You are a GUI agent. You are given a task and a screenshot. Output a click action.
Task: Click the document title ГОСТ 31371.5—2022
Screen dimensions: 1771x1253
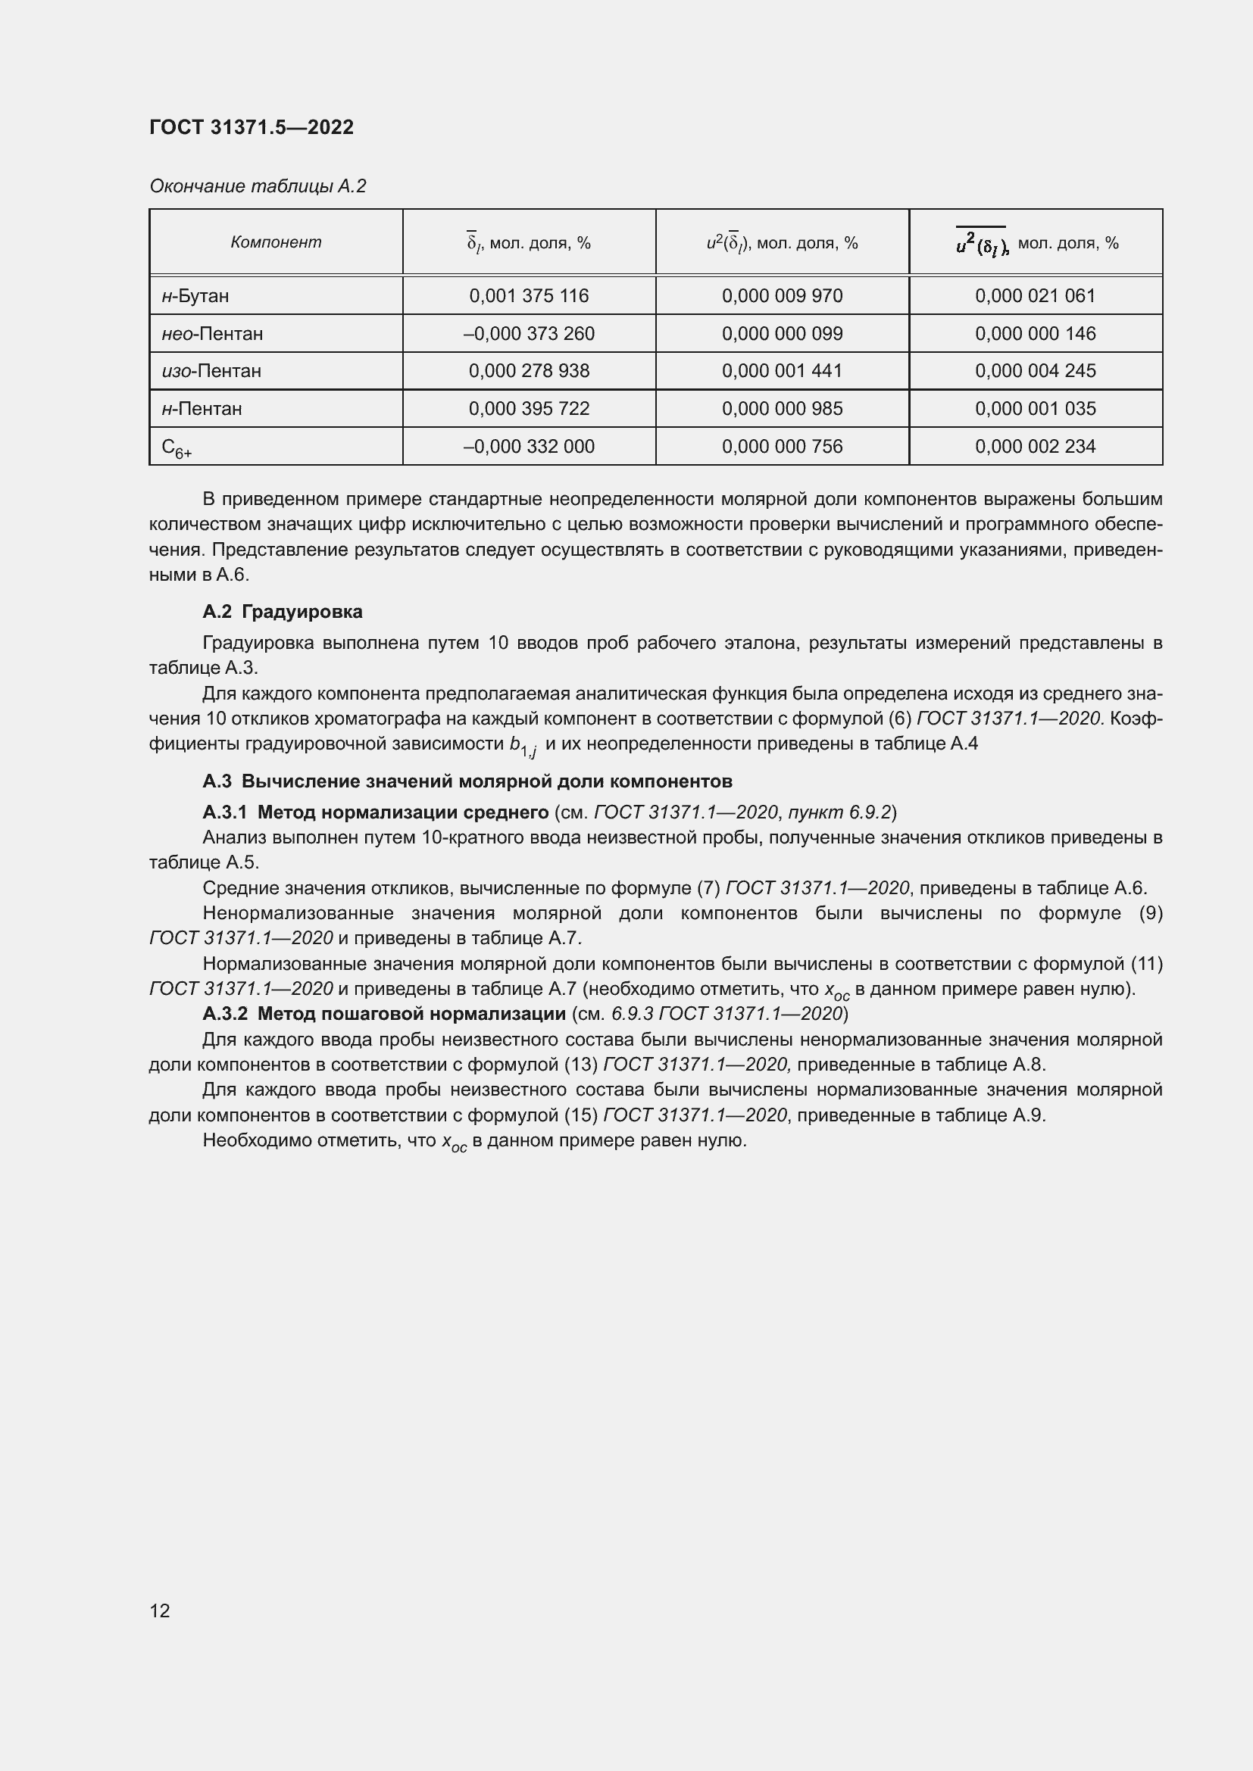[251, 127]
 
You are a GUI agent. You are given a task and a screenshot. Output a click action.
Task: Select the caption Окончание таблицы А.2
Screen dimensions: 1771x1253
[258, 186]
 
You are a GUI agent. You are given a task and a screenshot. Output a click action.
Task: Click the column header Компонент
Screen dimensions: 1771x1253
[276, 242]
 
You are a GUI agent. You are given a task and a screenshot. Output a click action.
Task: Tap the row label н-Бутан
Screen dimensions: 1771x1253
[195, 295]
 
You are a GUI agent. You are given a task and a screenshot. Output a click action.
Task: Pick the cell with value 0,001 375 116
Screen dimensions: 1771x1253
[529, 295]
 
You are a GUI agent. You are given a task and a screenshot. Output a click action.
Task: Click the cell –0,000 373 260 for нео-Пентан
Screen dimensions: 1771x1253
[529, 333]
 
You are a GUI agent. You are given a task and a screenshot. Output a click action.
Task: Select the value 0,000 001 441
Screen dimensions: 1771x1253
[782, 370]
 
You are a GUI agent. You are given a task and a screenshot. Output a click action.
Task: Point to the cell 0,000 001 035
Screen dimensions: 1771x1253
[1035, 408]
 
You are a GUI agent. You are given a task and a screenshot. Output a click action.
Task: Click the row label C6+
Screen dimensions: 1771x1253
[177, 447]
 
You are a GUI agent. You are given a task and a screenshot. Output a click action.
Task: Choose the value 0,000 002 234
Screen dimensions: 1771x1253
[1035, 446]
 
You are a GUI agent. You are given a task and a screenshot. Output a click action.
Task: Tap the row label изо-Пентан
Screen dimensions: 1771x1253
[211, 370]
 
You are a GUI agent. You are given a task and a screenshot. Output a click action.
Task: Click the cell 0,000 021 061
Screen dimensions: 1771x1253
[1035, 295]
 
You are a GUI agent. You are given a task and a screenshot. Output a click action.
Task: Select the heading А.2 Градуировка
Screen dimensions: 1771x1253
[283, 612]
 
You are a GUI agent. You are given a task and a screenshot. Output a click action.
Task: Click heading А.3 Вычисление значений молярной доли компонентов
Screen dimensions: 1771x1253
[467, 781]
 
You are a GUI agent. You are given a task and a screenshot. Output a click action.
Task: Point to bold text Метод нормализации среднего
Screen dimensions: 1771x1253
[403, 812]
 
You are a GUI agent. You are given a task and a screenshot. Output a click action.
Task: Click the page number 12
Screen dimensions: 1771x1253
[160, 1610]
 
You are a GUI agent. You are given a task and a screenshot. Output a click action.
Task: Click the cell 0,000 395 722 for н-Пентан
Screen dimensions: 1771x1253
[529, 408]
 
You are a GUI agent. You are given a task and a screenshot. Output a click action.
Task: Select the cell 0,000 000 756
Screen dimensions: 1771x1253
[782, 446]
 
